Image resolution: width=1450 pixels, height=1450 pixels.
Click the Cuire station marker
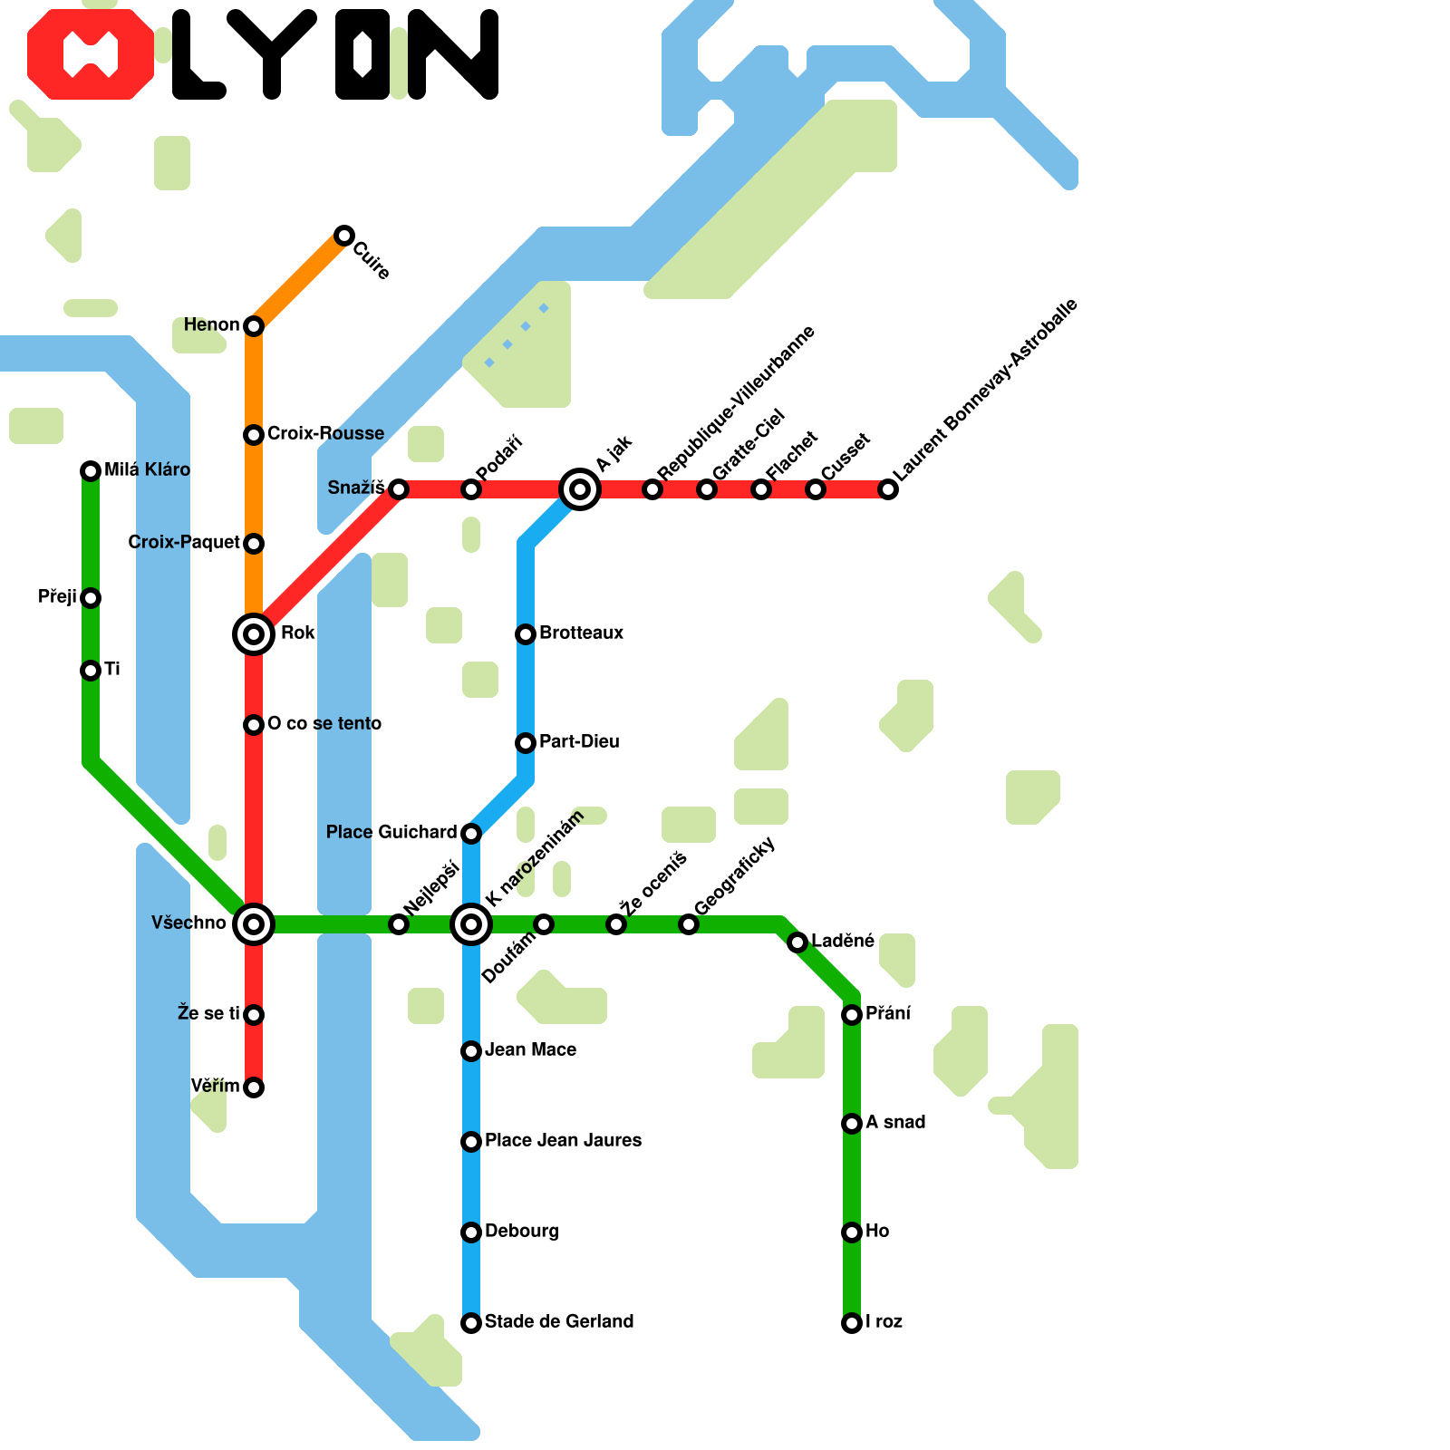(x=343, y=236)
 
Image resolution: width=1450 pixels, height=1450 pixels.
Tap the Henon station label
(x=211, y=324)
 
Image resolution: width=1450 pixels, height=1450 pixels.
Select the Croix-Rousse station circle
(x=254, y=435)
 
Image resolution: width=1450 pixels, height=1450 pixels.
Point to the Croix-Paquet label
(x=184, y=542)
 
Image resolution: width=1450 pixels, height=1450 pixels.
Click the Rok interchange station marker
(x=254, y=634)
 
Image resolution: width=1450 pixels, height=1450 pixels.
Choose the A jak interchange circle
(x=580, y=489)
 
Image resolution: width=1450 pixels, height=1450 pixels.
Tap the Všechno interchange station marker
(x=254, y=924)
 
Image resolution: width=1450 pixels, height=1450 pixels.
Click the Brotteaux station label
(x=581, y=633)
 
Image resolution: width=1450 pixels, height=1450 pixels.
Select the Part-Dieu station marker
(x=526, y=743)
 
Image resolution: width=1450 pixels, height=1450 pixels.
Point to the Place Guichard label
(x=391, y=832)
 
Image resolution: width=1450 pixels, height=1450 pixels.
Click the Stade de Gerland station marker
(x=471, y=1323)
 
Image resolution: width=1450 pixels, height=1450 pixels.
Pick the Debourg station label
(x=521, y=1231)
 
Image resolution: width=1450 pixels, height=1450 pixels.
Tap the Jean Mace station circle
(x=471, y=1051)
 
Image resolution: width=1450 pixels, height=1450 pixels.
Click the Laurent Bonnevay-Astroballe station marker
(x=889, y=489)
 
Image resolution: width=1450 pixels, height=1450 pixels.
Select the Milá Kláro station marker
(x=91, y=470)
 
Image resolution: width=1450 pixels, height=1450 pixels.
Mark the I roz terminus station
(x=852, y=1323)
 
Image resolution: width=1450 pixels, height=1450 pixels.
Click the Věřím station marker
(x=254, y=1087)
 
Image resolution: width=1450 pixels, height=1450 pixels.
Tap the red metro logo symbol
(x=91, y=54)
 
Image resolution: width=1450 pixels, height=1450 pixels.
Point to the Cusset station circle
(x=816, y=489)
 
